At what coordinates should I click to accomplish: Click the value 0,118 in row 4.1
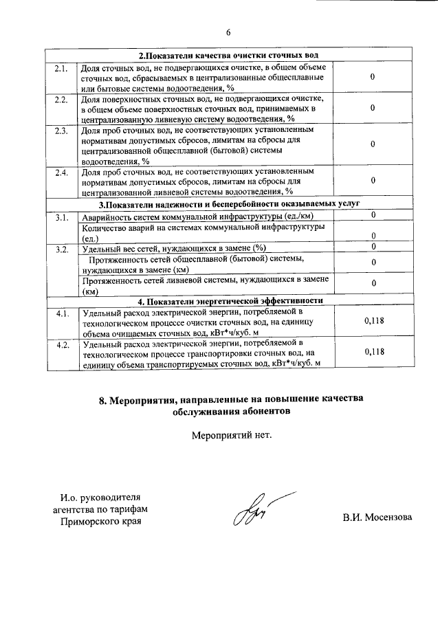(x=373, y=320)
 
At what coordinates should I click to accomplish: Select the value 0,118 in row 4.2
(x=373, y=351)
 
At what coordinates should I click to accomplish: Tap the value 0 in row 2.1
(x=372, y=77)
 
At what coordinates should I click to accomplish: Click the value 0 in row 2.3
(x=372, y=144)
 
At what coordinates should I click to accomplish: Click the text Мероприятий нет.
(x=228, y=434)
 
